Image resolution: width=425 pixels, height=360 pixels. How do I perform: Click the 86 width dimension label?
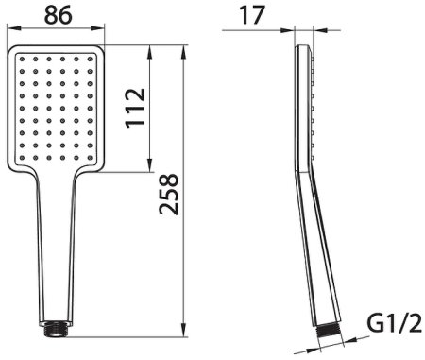pyautogui.click(x=59, y=15)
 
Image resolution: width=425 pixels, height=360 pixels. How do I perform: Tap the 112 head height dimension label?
pyautogui.click(x=135, y=108)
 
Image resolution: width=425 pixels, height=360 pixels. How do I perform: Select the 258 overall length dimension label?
pyautogui.click(x=169, y=195)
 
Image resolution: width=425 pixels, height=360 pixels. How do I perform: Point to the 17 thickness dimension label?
pyautogui.click(x=252, y=15)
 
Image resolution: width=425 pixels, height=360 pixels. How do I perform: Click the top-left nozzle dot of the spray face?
pyautogui.click(x=22, y=59)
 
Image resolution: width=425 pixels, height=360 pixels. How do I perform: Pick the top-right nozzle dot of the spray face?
pyautogui.click(x=90, y=59)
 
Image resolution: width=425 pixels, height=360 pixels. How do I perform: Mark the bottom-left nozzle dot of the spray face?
pyautogui.click(x=22, y=158)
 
